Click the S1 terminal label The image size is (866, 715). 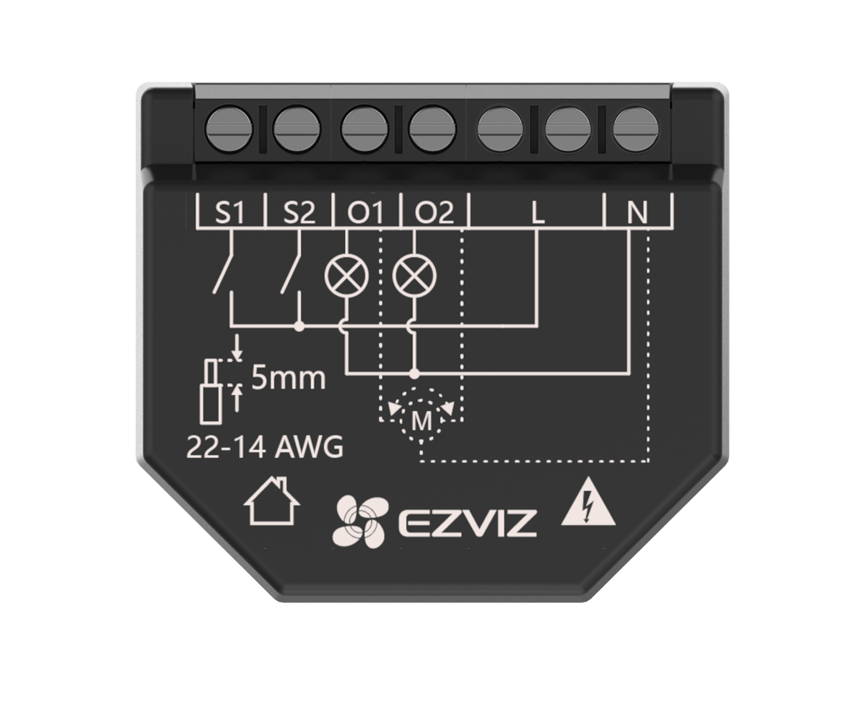coord(229,212)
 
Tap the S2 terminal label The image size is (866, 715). coord(299,212)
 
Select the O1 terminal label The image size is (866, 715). coord(365,212)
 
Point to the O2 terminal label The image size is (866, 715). coord(434,212)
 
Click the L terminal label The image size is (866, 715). coord(538,212)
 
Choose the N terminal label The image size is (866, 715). coord(637,212)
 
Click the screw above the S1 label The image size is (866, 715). coord(229,129)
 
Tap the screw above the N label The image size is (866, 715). coord(635,129)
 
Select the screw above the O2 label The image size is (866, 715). coord(432,129)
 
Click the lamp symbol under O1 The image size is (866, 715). coord(346,276)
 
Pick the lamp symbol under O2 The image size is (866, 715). coord(414,276)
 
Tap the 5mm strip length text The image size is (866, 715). coord(289,378)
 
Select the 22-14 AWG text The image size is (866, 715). coord(265,447)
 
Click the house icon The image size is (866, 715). coord(271,501)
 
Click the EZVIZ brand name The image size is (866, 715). coord(468,523)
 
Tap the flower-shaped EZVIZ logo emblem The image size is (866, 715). coord(361,521)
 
